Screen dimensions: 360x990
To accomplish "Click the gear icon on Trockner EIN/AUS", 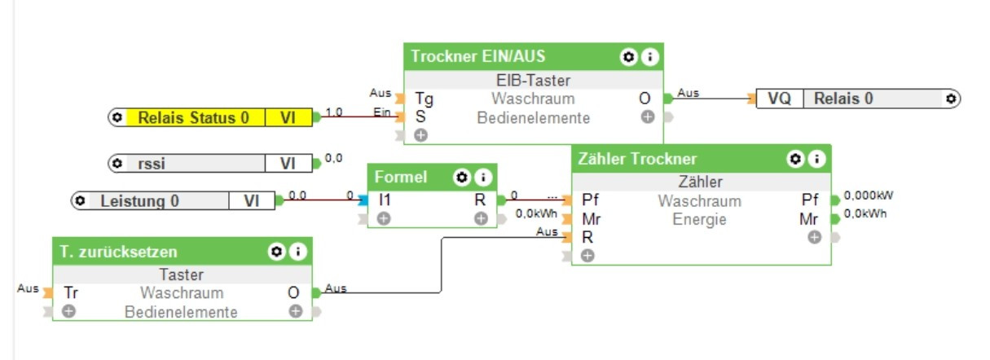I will [627, 57].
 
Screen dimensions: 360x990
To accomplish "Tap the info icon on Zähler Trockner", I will [814, 160].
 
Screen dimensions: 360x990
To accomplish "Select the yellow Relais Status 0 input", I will [193, 118].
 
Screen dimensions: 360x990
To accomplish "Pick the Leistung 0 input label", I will [139, 200].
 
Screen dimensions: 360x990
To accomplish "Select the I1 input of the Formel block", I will [385, 200].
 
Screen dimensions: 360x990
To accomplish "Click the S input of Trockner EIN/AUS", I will [420, 116].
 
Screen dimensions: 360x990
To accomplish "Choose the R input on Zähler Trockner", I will [587, 237].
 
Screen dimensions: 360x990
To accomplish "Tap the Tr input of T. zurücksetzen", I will [70, 292].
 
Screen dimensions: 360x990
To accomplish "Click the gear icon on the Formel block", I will [461, 177].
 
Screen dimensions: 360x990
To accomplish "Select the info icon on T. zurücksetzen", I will [298, 252].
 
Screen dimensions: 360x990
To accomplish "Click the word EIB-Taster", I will [533, 80].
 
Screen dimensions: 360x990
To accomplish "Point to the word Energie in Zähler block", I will [699, 219].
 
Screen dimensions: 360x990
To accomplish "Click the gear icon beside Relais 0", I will [950, 99].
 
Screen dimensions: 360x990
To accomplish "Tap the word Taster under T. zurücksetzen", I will [181, 275].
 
